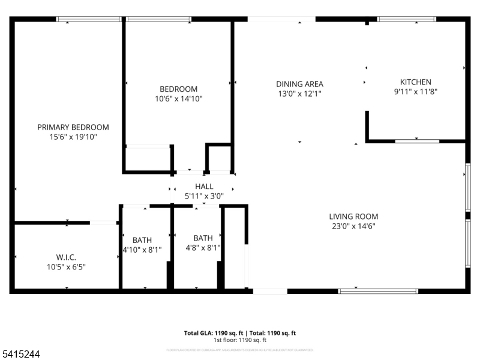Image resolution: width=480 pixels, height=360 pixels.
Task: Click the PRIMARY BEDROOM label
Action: (x=73, y=127)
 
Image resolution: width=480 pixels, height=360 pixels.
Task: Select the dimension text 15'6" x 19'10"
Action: (x=73, y=137)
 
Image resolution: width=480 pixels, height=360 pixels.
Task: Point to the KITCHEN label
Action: (x=415, y=82)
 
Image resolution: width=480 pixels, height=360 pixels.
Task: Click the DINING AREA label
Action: (x=299, y=84)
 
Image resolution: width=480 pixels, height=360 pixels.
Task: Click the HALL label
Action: (x=204, y=187)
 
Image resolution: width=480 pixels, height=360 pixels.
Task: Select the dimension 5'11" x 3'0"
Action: (x=204, y=196)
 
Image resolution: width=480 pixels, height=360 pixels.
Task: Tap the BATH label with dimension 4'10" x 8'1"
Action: (x=142, y=240)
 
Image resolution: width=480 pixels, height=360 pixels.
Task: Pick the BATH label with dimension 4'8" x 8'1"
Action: (x=203, y=238)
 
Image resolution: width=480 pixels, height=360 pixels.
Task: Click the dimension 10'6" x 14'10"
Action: (x=178, y=99)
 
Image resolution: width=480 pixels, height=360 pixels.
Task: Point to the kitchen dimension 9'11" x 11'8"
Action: (x=415, y=92)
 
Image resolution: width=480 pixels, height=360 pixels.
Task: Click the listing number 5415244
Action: (x=21, y=355)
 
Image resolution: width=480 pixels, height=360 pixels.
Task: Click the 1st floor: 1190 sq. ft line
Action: (x=239, y=340)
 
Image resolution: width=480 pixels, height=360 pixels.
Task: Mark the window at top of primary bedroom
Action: (x=89, y=19)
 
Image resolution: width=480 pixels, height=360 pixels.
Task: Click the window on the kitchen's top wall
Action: (x=406, y=19)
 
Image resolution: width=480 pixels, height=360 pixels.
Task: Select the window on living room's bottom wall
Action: (x=378, y=292)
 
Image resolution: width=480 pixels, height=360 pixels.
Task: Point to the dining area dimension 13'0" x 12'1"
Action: (x=299, y=94)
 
